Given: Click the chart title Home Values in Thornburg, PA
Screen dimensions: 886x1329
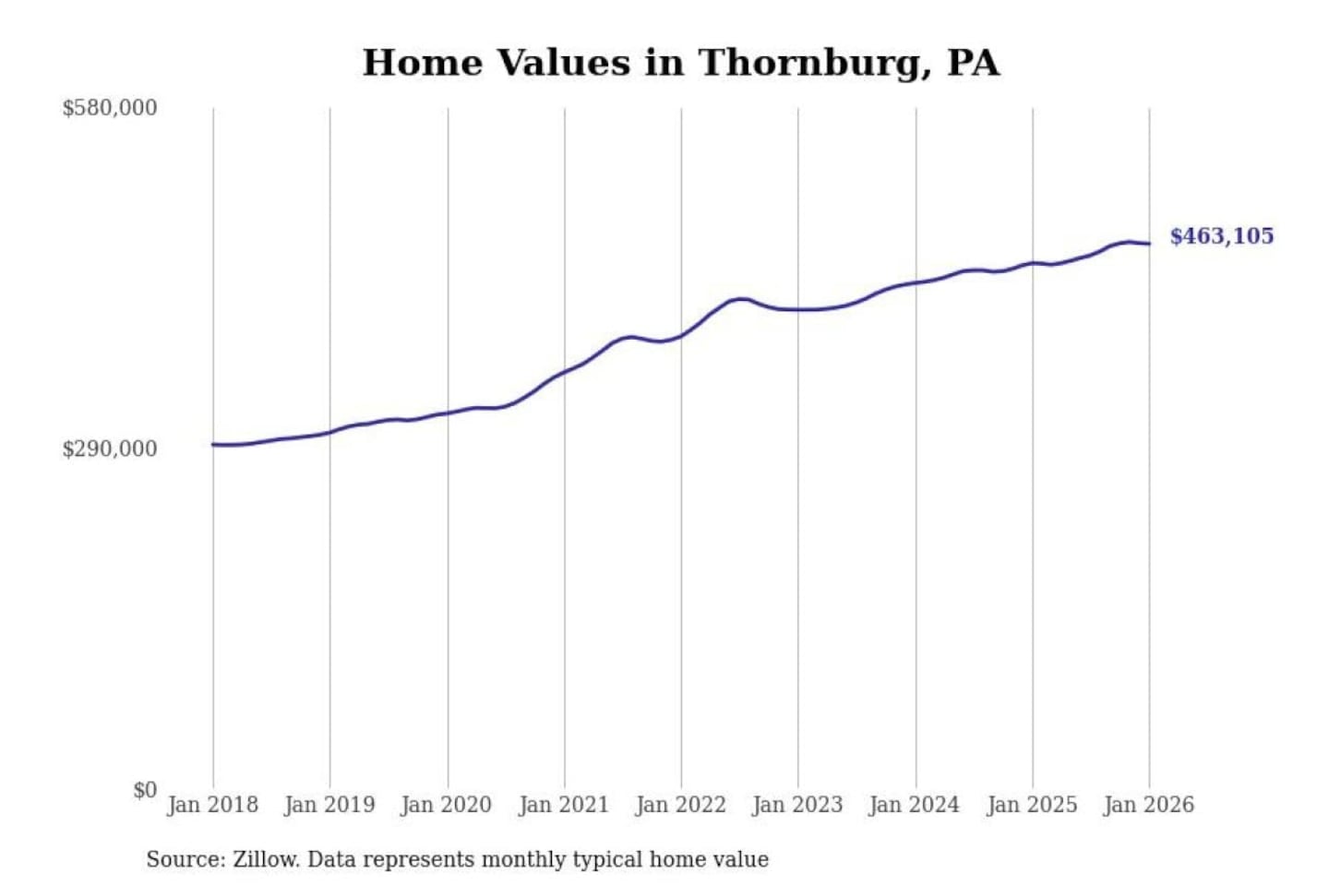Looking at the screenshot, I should click(x=680, y=63).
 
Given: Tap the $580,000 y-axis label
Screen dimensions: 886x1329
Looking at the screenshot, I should click(x=110, y=108).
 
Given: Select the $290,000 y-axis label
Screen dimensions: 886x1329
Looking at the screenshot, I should click(x=110, y=449).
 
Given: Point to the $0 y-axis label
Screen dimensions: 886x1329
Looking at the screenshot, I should click(x=145, y=790).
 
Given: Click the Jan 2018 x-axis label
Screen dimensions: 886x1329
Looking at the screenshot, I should click(x=213, y=805).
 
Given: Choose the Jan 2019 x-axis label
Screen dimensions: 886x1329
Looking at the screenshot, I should click(x=329, y=805).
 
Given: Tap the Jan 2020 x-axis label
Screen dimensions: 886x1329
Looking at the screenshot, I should click(x=447, y=805).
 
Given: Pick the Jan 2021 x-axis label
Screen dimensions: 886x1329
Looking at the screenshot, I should click(x=564, y=805).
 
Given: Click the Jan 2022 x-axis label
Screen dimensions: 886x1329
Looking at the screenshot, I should click(x=681, y=805).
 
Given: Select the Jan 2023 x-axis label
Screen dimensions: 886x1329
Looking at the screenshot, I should click(x=798, y=805).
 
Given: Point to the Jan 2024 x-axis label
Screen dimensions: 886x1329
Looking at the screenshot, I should click(x=915, y=805).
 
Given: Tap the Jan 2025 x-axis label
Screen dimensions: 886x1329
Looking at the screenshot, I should click(x=1032, y=805).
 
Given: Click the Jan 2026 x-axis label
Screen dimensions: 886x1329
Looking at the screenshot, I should click(x=1149, y=805).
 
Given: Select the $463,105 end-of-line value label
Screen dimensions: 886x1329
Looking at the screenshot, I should click(x=1221, y=236).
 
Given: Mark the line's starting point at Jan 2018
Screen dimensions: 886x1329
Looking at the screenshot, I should click(x=213, y=445).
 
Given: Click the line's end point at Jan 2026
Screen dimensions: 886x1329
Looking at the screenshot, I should click(x=1149, y=244).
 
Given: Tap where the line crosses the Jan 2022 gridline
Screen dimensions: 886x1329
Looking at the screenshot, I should click(x=682, y=335).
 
